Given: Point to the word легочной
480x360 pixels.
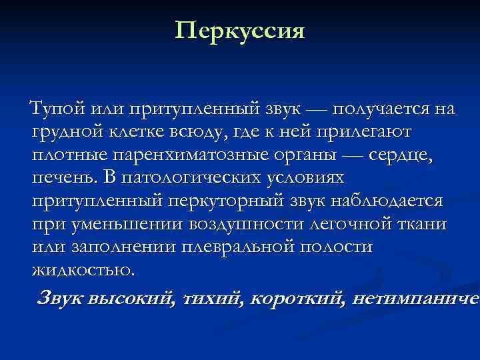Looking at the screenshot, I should coord(357,225).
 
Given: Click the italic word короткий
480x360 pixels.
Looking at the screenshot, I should coord(290,298).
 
